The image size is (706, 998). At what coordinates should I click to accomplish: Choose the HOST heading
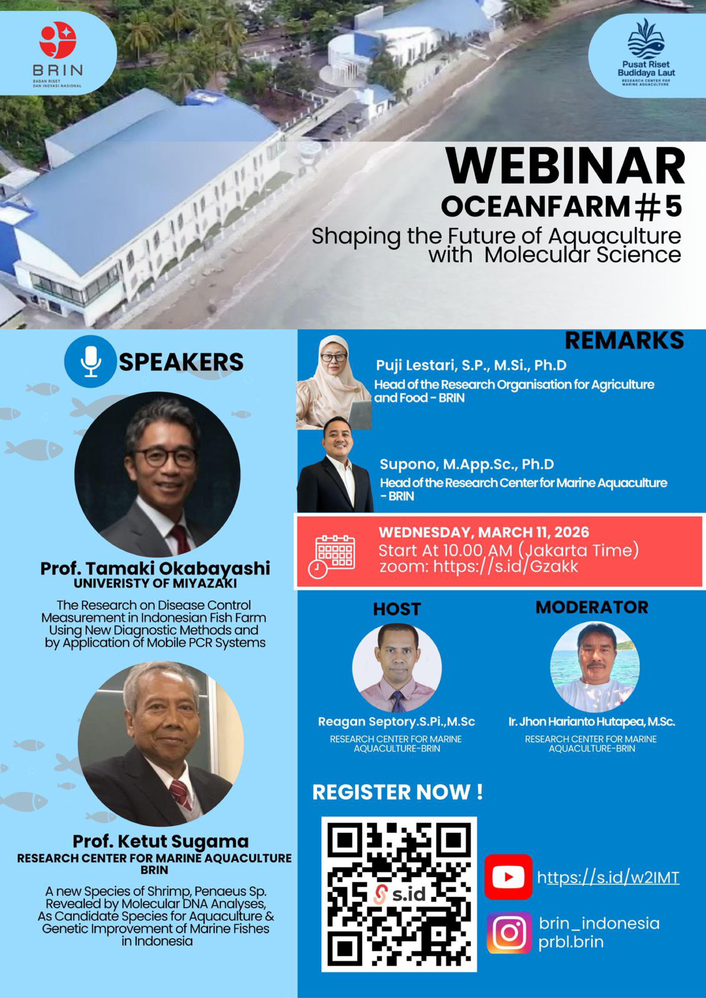[397, 609]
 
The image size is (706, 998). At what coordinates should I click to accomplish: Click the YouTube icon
[508, 864]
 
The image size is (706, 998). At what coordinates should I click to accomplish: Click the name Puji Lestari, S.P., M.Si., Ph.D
[472, 366]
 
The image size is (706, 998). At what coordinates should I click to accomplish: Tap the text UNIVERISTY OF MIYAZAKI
[155, 583]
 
